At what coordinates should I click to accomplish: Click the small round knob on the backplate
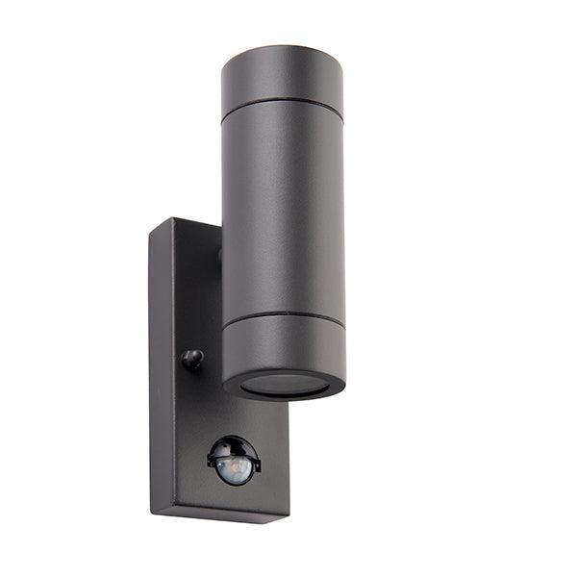tap(193, 359)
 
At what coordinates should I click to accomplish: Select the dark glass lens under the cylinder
tap(284, 384)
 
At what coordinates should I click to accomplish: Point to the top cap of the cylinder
tap(282, 77)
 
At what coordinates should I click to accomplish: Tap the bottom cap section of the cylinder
tap(285, 346)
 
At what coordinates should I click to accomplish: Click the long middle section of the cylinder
tap(283, 212)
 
